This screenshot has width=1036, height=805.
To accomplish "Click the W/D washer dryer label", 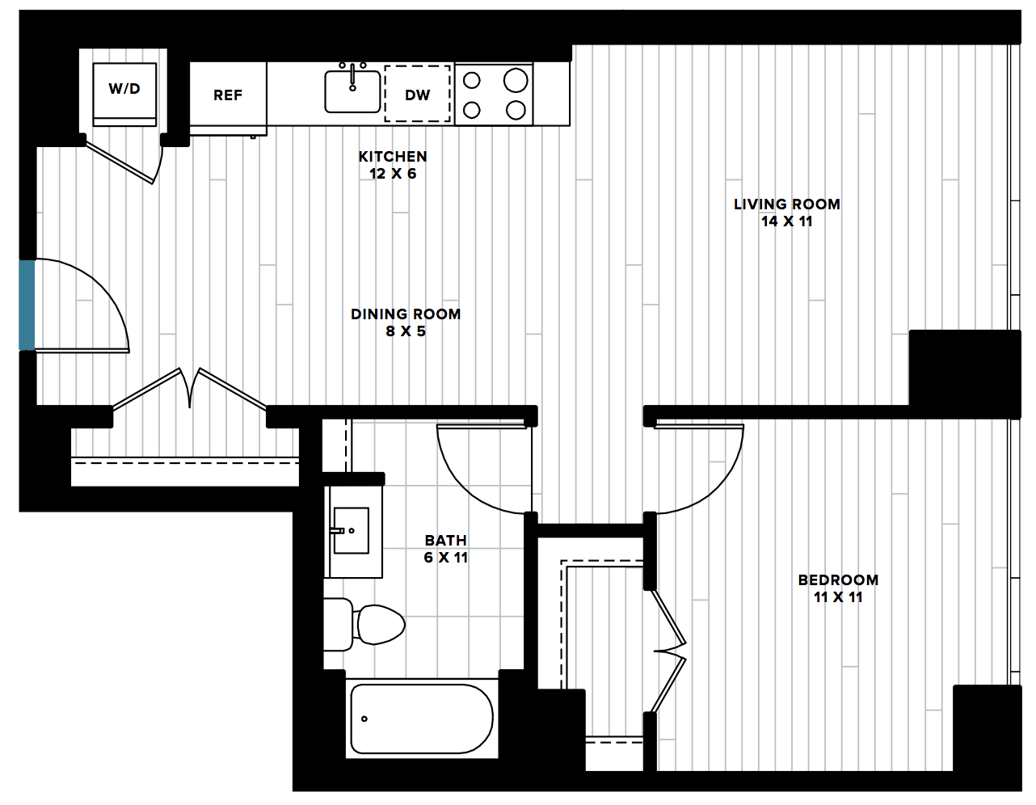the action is point(124,89).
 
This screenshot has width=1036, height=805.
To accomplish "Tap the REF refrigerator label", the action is point(228,95).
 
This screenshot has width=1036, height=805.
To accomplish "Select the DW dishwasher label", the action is point(417,95).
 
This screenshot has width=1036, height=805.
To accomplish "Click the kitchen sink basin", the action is point(352,91).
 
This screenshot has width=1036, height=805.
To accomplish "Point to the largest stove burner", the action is point(516,79).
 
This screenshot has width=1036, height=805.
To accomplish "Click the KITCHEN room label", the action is point(393,156).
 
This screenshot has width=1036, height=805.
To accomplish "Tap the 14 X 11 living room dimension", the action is point(786,221).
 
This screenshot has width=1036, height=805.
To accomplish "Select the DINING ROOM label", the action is point(406,314).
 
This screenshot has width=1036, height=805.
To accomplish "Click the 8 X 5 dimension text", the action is point(406,331).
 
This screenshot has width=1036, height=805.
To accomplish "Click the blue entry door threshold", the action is point(27,305).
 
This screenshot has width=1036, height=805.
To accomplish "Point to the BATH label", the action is point(446,541).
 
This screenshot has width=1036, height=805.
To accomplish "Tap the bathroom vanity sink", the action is point(352,530).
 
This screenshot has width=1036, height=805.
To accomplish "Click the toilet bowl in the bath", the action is point(381,625).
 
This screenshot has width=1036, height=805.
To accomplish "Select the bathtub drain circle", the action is point(364,719).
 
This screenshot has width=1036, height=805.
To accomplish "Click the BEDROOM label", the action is point(838,580).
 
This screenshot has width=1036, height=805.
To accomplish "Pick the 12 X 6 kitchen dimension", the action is point(393,174).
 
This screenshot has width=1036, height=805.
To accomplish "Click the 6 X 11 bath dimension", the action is point(446,557).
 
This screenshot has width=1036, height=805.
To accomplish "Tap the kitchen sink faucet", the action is point(353,76).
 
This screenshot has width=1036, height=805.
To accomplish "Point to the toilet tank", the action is point(339,625).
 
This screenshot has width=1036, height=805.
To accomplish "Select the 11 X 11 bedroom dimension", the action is point(838,597).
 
